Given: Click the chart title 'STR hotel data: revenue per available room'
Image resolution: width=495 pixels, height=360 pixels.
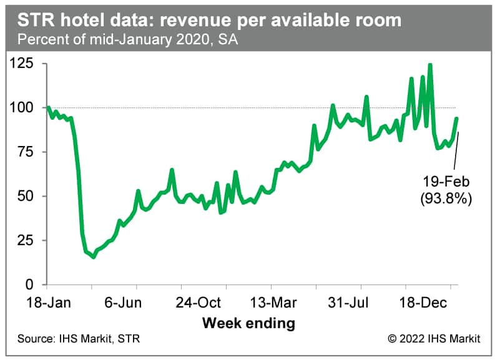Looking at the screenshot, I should (209, 21).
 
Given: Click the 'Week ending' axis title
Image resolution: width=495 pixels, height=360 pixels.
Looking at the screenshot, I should (248, 323).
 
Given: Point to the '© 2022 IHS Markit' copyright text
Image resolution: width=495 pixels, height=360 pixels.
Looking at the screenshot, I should (434, 339).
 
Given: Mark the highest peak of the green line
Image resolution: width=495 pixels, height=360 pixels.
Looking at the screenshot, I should (430, 65).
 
